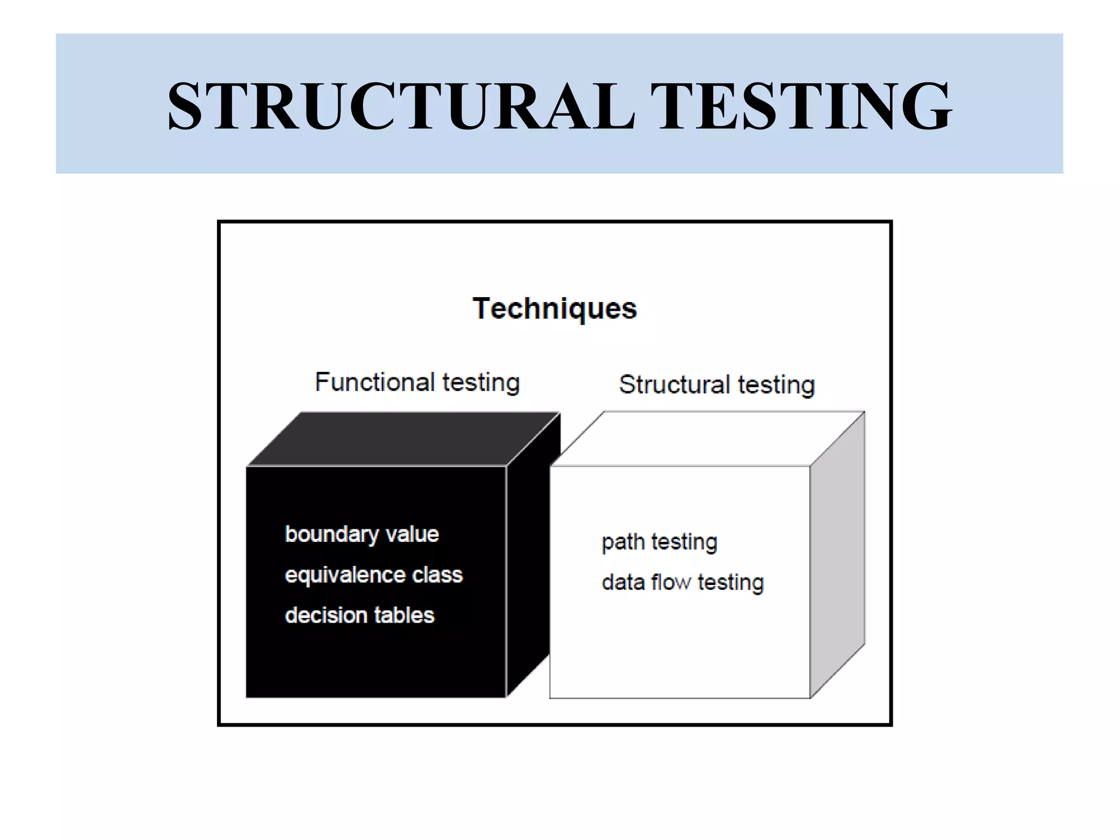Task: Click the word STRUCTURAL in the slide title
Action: coord(401,106)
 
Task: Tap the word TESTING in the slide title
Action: coord(800,106)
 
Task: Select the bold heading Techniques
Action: coord(555,309)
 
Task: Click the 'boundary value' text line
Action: coord(362,534)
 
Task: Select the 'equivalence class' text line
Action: coord(374,575)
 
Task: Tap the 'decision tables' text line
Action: coord(360,616)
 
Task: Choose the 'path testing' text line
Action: coord(659,542)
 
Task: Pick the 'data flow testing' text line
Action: coord(682,583)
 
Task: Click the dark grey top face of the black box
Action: coord(403,439)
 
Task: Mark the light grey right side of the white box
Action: coord(837,554)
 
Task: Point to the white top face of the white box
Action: coord(705,439)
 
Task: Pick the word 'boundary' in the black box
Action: coord(332,535)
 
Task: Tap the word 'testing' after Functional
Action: coord(481,382)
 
